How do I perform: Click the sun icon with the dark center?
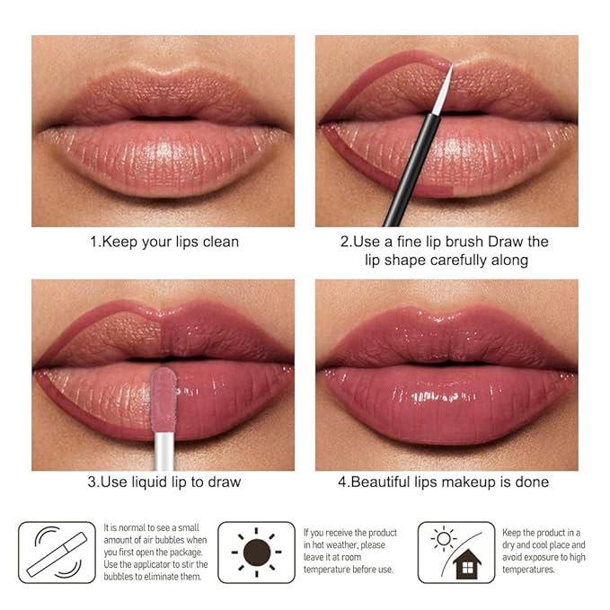tap(256, 550)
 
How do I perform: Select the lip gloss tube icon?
tap(57, 553)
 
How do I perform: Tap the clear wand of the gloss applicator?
tap(162, 441)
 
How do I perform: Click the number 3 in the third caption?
tap(92, 482)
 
